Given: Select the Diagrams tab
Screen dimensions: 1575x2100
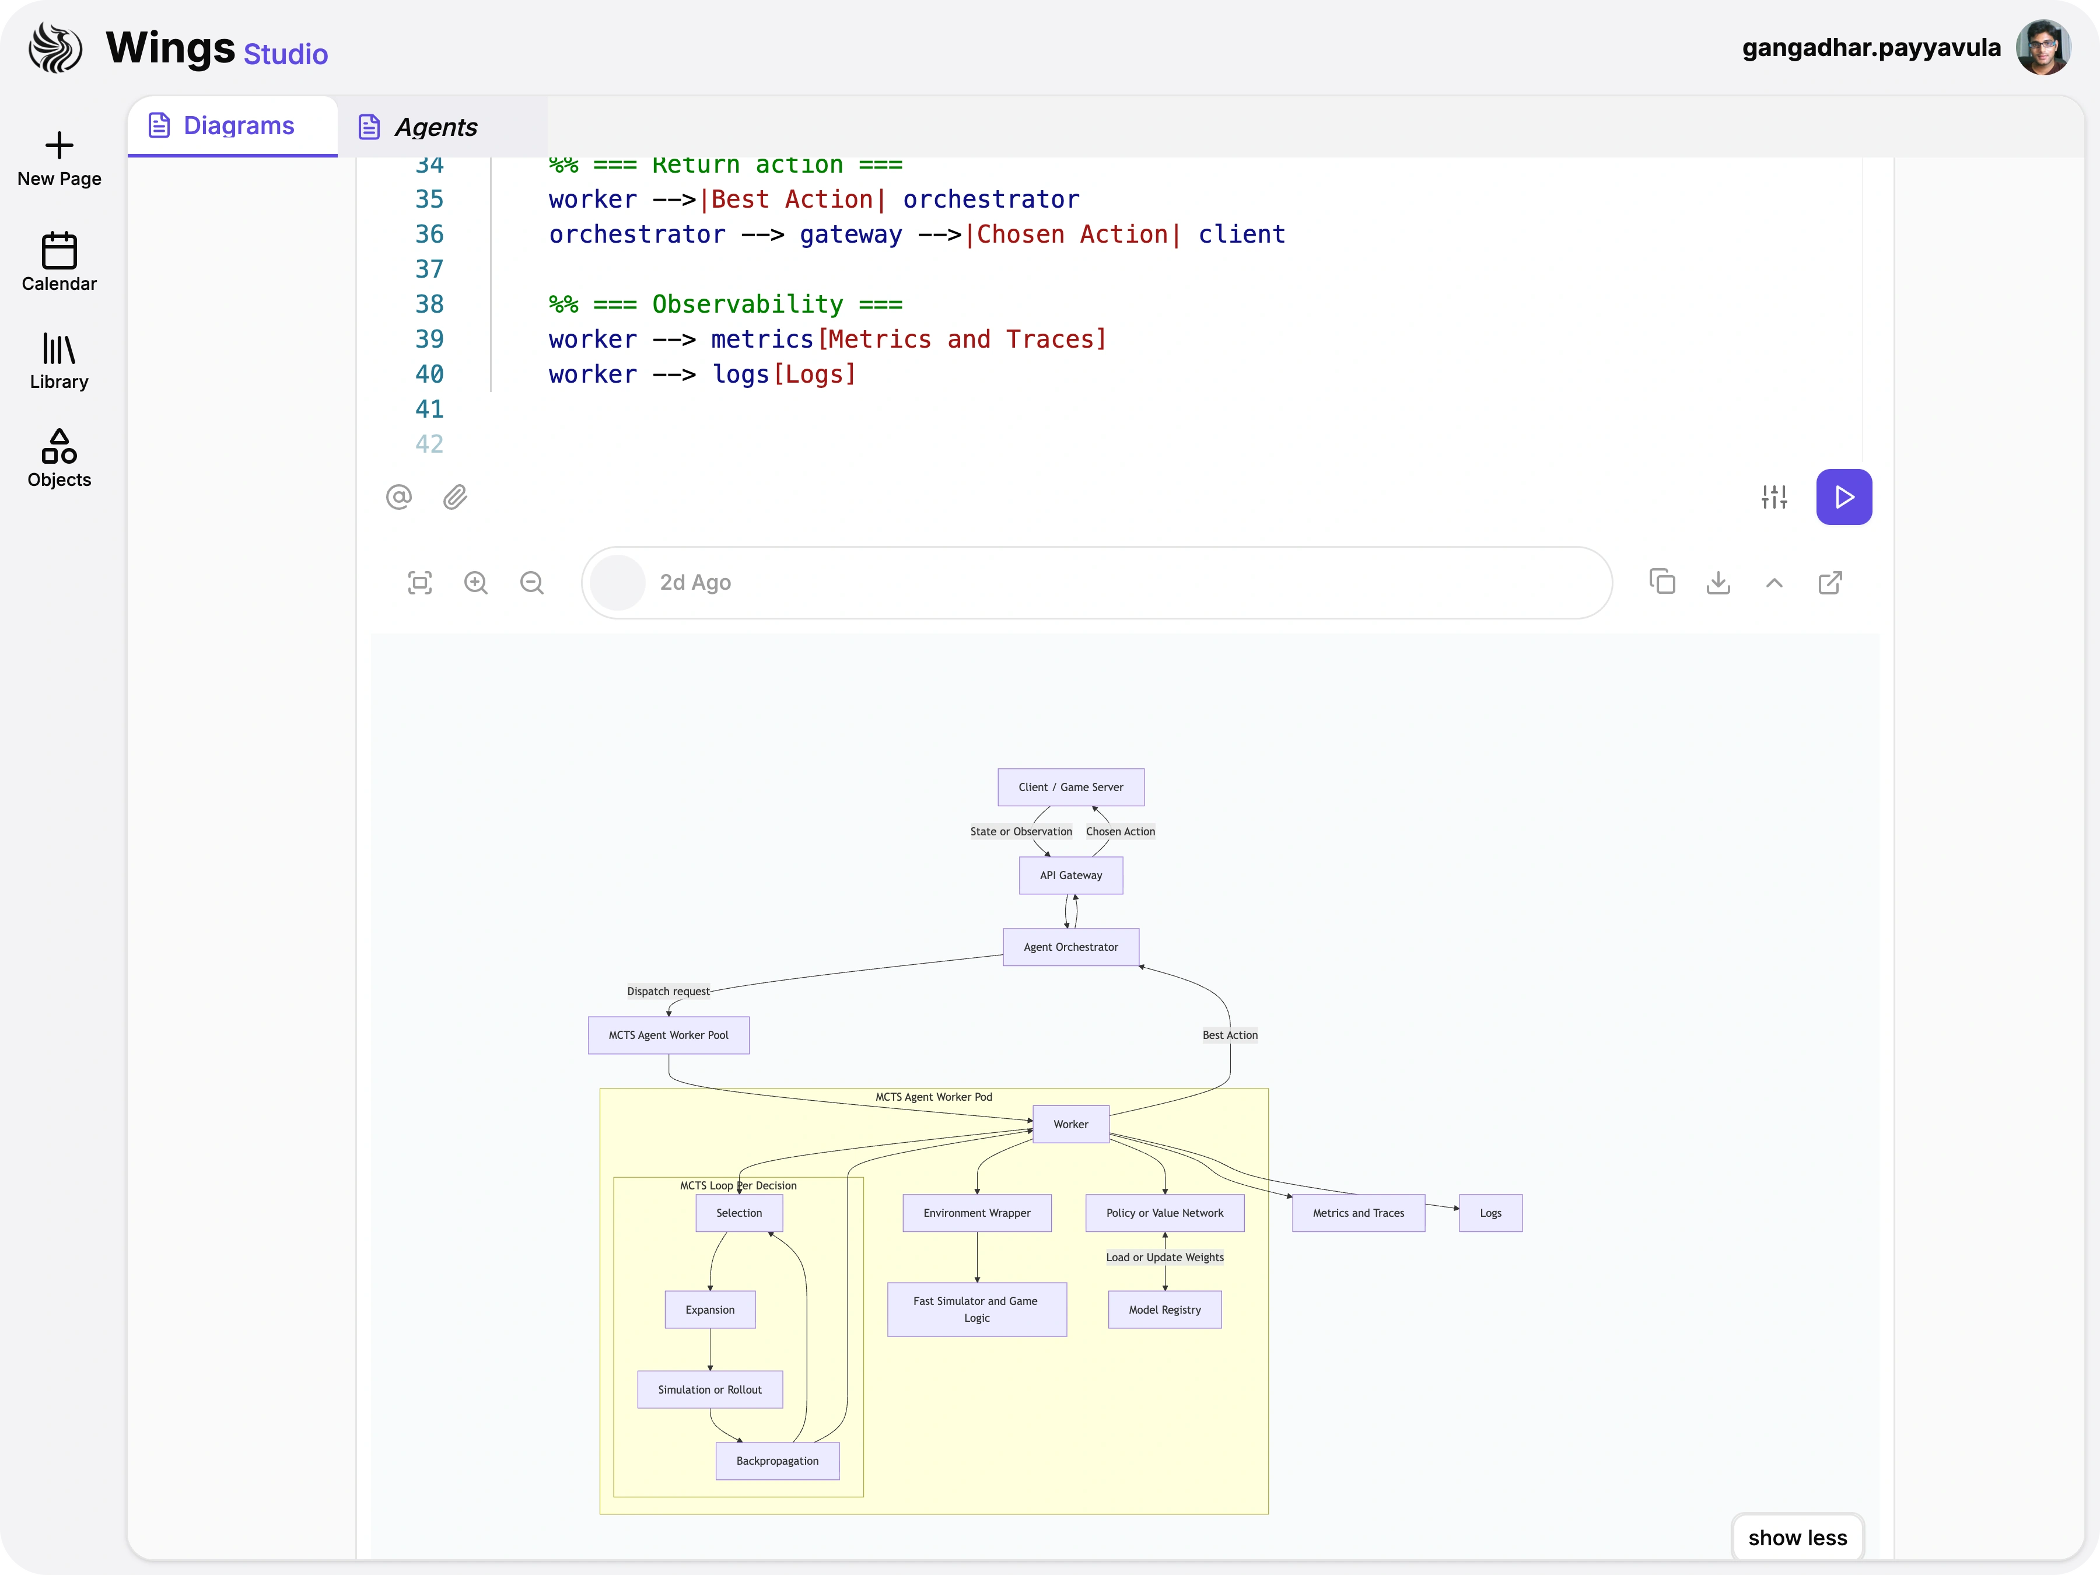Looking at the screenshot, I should pyautogui.click(x=237, y=125).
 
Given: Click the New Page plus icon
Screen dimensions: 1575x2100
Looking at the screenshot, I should pyautogui.click(x=59, y=145).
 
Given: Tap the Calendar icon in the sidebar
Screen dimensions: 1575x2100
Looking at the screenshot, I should pyautogui.click(x=59, y=251).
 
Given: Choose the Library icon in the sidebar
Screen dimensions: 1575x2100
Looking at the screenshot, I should pyautogui.click(x=59, y=349).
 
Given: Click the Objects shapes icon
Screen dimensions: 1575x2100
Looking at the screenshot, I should pyautogui.click(x=59, y=446).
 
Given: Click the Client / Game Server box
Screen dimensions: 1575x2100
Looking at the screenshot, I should pyautogui.click(x=1070, y=787).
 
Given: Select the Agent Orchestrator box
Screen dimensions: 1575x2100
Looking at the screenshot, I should pyautogui.click(x=1070, y=947).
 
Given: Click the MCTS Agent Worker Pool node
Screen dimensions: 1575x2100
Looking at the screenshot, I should pyautogui.click(x=668, y=1035).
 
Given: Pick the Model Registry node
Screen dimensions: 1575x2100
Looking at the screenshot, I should pyautogui.click(x=1164, y=1309).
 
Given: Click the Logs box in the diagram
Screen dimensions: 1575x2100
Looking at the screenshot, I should pyautogui.click(x=1490, y=1213).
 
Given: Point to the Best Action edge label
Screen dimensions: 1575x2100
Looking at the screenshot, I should pyautogui.click(x=1230, y=1035).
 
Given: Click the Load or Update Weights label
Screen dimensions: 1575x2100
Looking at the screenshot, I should pyautogui.click(x=1164, y=1257).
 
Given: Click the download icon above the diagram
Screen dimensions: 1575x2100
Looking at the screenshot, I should pyautogui.click(x=1717, y=582).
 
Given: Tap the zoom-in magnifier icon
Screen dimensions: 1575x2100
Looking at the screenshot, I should pyautogui.click(x=475, y=582).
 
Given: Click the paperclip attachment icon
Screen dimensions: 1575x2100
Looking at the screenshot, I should pyautogui.click(x=455, y=496).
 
